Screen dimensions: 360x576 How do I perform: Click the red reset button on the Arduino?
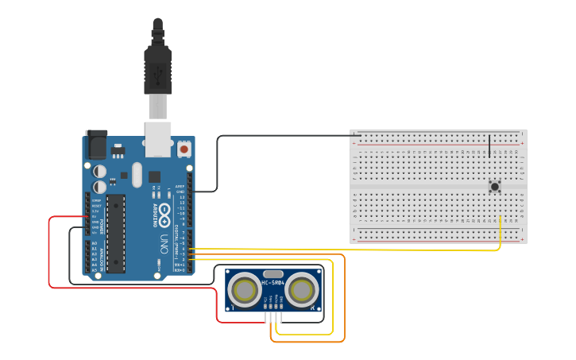click(184, 149)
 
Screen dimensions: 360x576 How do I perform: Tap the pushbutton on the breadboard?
click(495, 187)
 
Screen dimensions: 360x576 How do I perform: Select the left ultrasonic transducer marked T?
click(244, 292)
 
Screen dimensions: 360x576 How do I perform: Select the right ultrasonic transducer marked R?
click(303, 292)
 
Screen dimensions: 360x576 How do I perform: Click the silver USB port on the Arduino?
click(159, 138)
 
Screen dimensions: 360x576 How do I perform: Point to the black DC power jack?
click(96, 145)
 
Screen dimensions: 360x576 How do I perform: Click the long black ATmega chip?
click(116, 233)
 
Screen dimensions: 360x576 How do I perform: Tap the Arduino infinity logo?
click(164, 211)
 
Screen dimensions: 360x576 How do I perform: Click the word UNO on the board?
click(165, 238)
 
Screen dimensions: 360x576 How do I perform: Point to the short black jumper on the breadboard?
click(489, 145)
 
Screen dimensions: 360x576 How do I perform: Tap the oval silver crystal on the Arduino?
click(137, 174)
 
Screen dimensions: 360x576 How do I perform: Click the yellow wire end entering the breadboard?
click(500, 219)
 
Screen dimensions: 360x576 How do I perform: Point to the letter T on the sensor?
click(232, 307)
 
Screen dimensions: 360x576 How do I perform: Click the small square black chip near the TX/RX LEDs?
click(154, 176)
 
